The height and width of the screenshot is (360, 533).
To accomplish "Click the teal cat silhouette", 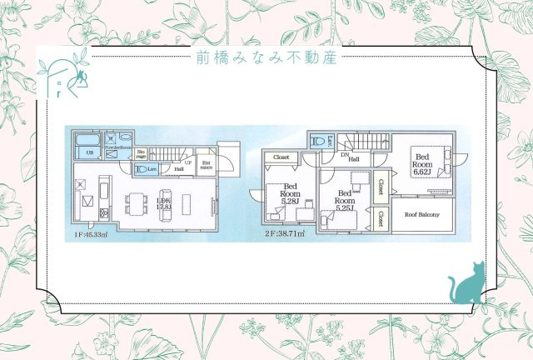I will pyautogui.click(x=468, y=283).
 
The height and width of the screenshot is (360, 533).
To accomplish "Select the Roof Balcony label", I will pyautogui.click(x=422, y=213).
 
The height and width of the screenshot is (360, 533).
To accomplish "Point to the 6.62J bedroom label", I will pyautogui.click(x=423, y=162).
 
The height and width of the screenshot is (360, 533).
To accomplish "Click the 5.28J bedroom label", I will pyautogui.click(x=290, y=195).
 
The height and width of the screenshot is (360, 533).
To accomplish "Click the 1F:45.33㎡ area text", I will pyautogui.click(x=88, y=236).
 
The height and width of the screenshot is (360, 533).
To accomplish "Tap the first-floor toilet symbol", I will pyautogui.click(x=144, y=169).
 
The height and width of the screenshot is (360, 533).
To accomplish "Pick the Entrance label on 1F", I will pyautogui.click(x=206, y=166).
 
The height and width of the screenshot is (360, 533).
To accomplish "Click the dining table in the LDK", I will pyautogui.click(x=137, y=203).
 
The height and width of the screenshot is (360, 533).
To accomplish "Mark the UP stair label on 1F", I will pyautogui.click(x=188, y=162).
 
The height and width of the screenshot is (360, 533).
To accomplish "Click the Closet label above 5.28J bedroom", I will pyautogui.click(x=281, y=156).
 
